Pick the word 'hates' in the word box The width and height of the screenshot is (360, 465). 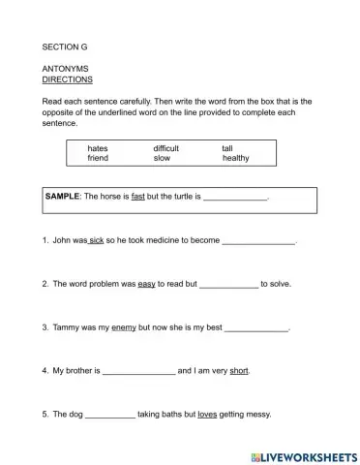tap(98, 148)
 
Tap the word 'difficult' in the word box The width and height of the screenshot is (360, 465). tap(172, 148)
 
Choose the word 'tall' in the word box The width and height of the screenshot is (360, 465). tap(227, 148)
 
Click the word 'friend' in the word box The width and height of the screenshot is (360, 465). tap(99, 158)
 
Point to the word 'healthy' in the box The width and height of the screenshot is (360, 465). tap(235, 158)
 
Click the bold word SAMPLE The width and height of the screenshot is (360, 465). tap(63, 196)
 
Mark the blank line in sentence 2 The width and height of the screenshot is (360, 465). tap(229, 286)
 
